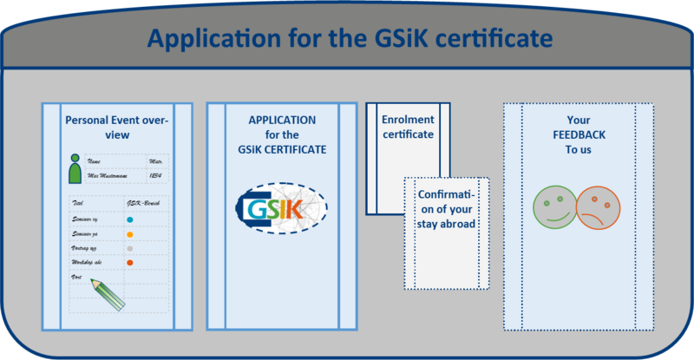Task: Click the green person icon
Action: coord(75,169)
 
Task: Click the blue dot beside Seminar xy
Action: coord(129,220)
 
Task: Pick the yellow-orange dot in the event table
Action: coord(129,234)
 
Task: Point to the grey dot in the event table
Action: coord(129,248)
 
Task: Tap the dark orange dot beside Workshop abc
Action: coord(129,262)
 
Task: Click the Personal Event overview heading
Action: coord(117,128)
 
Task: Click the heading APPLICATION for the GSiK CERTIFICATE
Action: coord(282,134)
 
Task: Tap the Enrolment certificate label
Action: coord(408,127)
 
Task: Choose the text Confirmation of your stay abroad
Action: coord(447,209)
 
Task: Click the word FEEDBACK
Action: coord(579,134)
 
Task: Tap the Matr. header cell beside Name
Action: coord(157,162)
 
